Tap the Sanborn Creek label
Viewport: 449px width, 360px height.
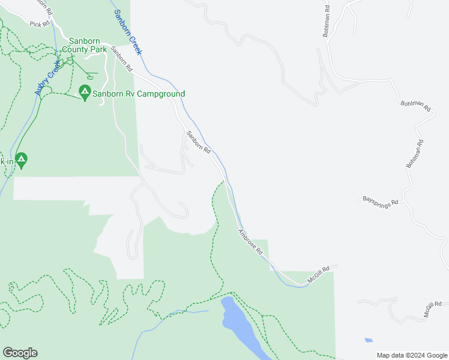pyautogui.click(x=128, y=33)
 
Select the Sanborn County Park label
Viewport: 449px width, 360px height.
pyautogui.click(x=88, y=45)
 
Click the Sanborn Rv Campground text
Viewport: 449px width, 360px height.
pyautogui.click(x=139, y=94)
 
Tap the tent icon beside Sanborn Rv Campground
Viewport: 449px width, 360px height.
pyautogui.click(x=85, y=93)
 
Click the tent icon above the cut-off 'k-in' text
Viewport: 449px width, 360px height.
pyautogui.click(x=22, y=160)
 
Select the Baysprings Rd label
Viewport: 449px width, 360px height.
pyautogui.click(x=381, y=201)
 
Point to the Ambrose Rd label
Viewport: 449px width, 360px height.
pyautogui.click(x=250, y=242)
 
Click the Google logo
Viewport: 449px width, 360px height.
pyautogui.click(x=20, y=353)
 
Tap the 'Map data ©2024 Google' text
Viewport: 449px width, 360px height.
pyautogui.click(x=412, y=355)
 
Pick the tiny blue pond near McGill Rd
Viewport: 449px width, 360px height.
pyautogui.click(x=368, y=340)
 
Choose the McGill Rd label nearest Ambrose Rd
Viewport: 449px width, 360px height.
pyautogui.click(x=319, y=275)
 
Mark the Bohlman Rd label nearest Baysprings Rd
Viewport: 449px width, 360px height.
pyautogui.click(x=415, y=154)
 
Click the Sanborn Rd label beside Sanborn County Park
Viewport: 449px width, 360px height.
pyautogui.click(x=121, y=59)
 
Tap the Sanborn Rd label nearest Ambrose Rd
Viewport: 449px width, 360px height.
pyautogui.click(x=198, y=141)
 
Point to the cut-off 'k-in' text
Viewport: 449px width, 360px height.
pyautogui.click(x=6, y=161)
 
